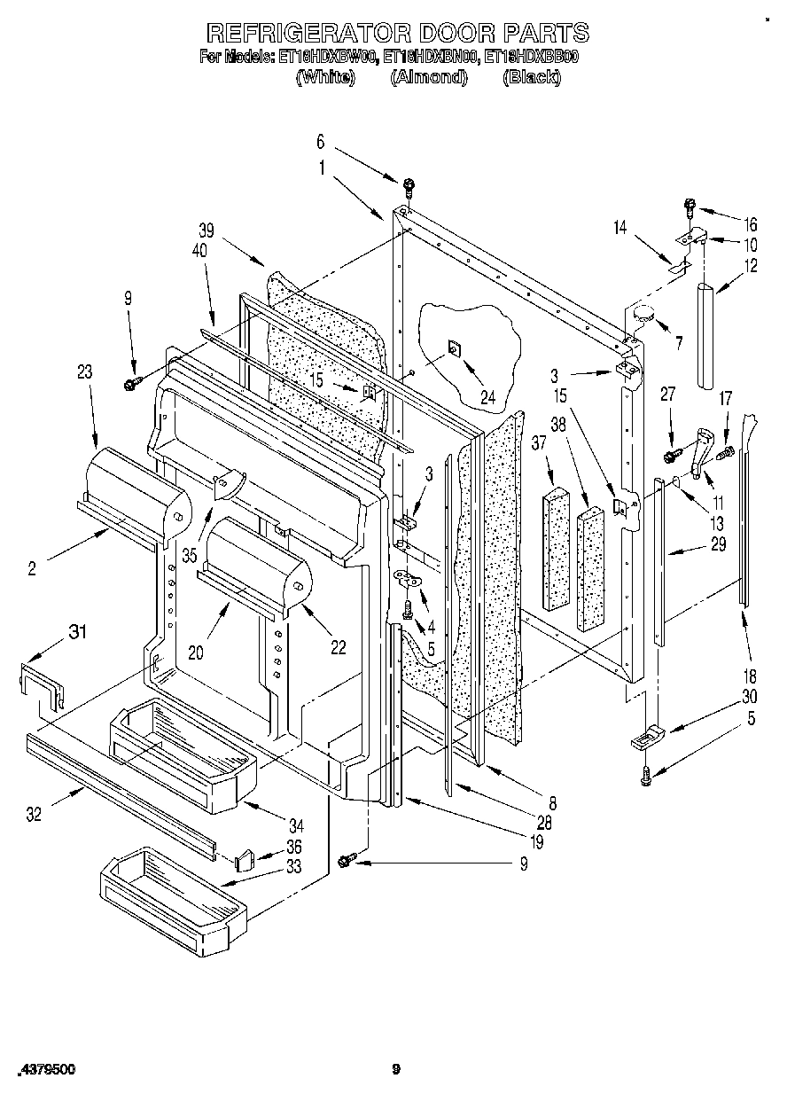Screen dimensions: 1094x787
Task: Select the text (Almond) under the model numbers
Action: [428, 77]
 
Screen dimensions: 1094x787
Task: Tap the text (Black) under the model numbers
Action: [532, 77]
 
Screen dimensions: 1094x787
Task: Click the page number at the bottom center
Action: [396, 1070]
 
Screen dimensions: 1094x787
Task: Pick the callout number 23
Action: [85, 373]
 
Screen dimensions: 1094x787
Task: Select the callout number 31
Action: [78, 631]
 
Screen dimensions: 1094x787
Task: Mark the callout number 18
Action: [750, 676]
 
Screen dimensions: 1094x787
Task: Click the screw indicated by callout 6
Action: [409, 186]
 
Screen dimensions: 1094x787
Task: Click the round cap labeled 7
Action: [643, 313]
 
